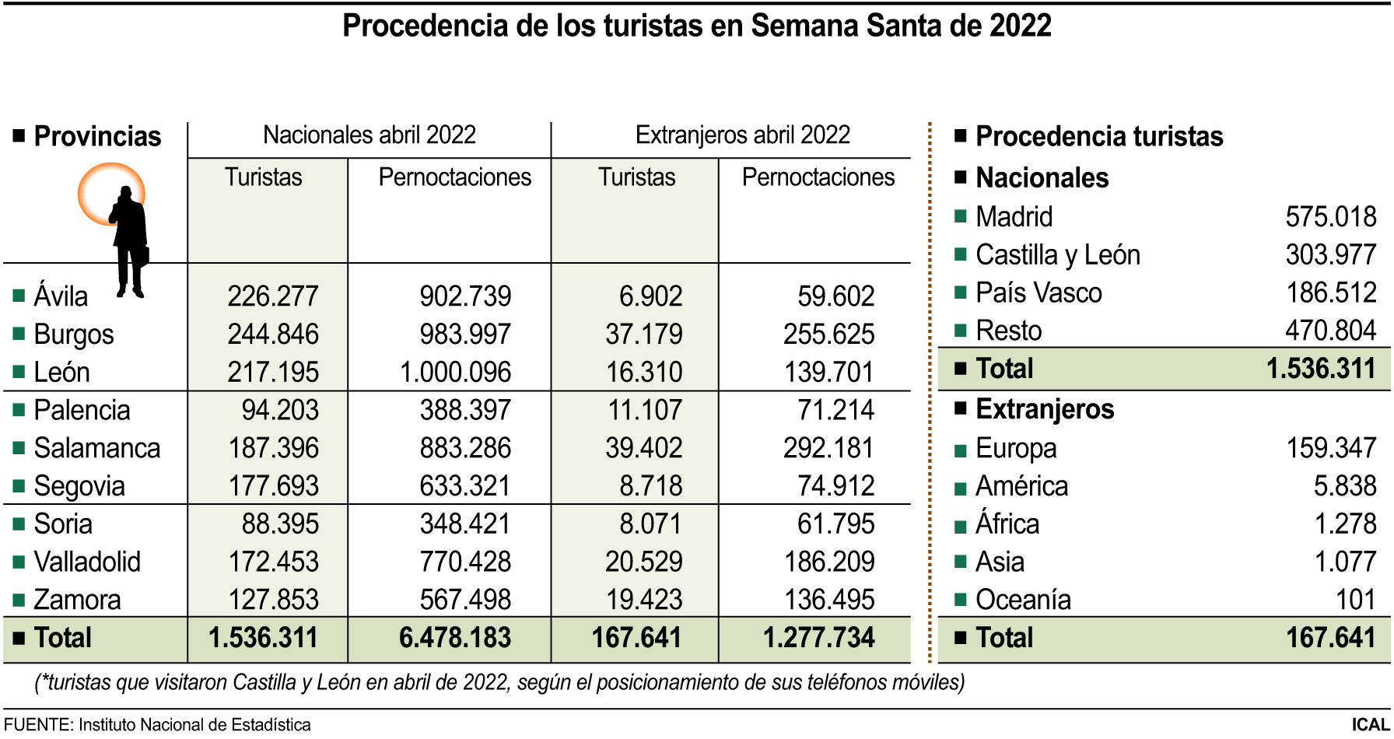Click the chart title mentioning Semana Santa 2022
pos(696,26)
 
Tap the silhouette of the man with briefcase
pos(129,241)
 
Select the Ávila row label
pos(61,296)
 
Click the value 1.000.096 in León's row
pos(455,372)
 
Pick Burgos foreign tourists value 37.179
pos(643,334)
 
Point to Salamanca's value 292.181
pos(828,448)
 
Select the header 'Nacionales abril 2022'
pos(369,135)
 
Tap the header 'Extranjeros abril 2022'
pos(742,135)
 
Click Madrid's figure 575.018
pos(1330,216)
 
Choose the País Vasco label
pos(1038,293)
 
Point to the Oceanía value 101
pos(1355,600)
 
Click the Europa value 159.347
pos(1330,448)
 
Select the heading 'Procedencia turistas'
pos(1098,136)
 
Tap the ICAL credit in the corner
pos(1370,725)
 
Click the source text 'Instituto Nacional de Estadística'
pos(194,725)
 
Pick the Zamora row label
pos(77,600)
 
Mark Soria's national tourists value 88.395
pos(279,524)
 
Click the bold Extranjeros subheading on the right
pos(1044,409)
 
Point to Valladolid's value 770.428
pos(465,562)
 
